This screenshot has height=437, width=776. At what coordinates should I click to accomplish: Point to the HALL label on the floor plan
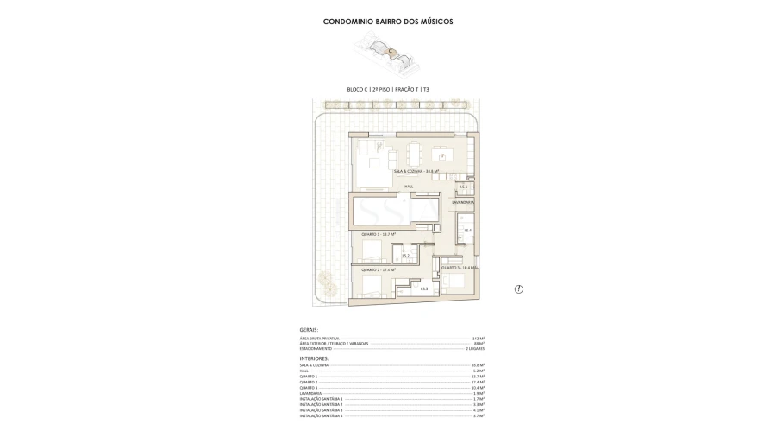[409, 186]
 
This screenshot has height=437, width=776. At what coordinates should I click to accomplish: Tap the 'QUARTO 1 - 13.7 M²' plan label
[378, 234]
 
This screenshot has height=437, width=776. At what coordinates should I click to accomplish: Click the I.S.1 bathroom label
[463, 187]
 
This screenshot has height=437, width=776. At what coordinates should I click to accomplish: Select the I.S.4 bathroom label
[467, 231]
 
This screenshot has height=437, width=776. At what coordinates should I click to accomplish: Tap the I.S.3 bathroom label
[423, 288]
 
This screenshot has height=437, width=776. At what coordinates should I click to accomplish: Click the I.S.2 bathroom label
[404, 256]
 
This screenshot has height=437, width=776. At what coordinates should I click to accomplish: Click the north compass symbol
[518, 288]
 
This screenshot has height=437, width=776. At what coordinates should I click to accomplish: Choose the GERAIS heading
[309, 330]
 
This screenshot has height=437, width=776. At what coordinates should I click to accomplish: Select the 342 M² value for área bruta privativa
[479, 338]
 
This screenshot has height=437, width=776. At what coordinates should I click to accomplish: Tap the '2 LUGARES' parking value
[475, 348]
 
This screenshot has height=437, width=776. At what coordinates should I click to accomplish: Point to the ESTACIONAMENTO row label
[316, 348]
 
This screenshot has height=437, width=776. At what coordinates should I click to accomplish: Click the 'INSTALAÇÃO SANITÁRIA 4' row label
[321, 416]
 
